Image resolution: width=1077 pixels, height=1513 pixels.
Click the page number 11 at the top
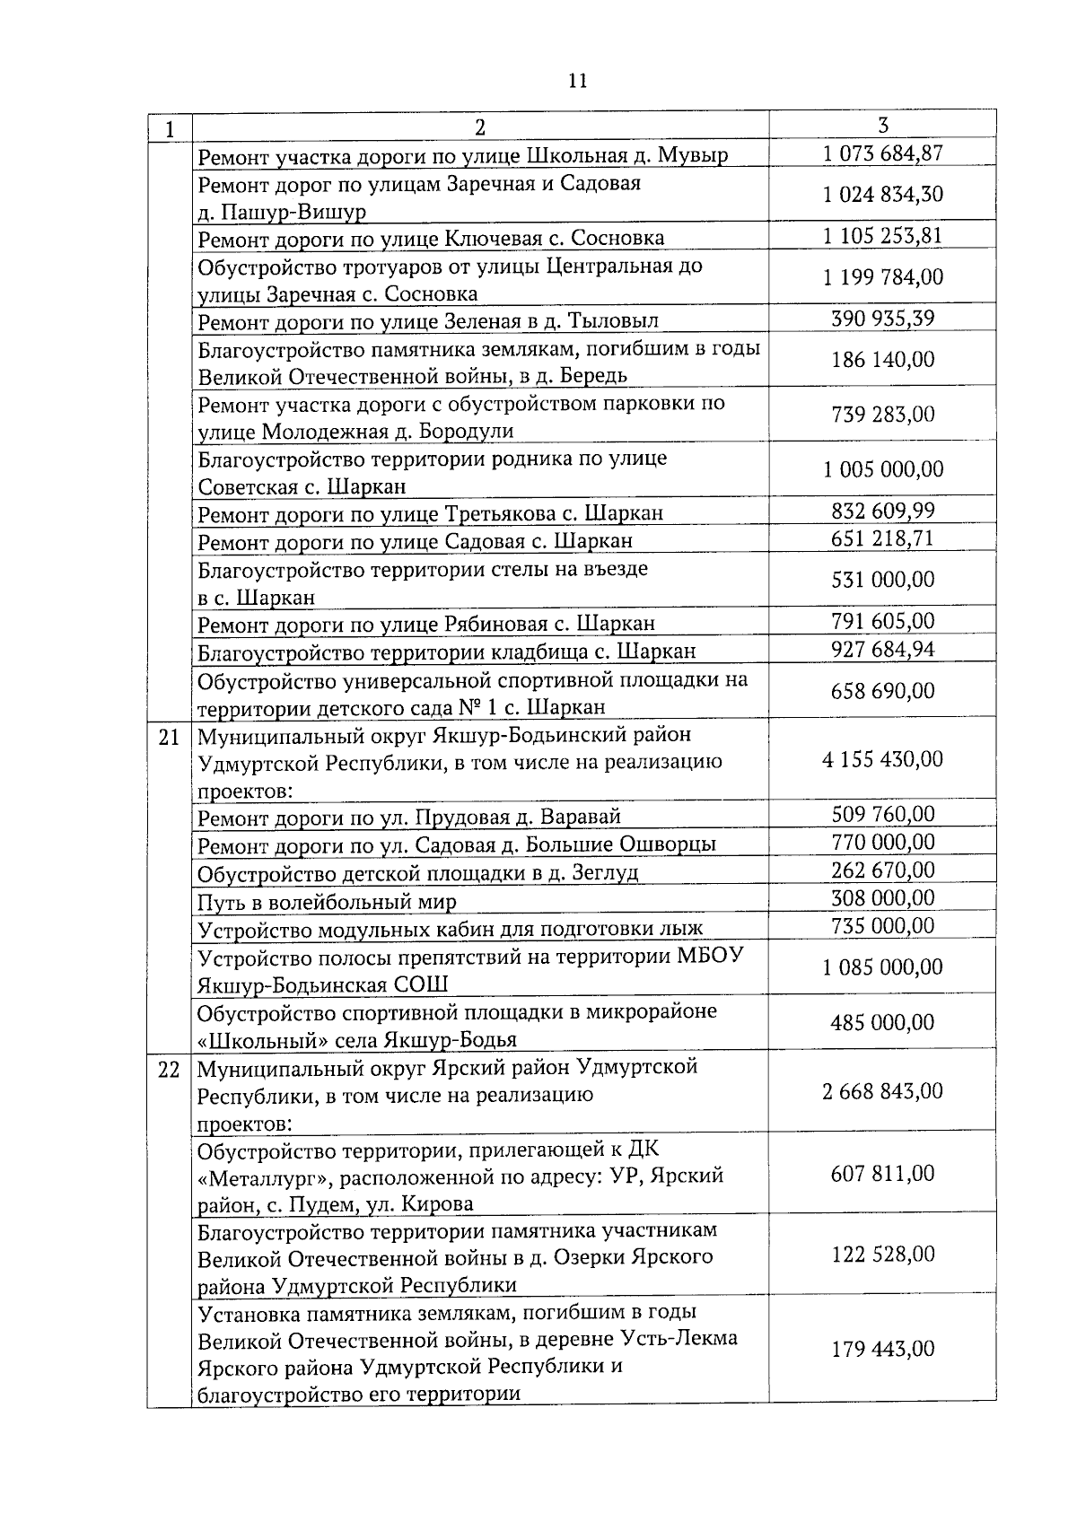(578, 81)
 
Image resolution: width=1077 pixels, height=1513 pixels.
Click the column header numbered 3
(882, 125)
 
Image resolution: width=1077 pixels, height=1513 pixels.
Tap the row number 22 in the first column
(170, 1070)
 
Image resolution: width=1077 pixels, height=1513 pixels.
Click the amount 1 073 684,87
(882, 153)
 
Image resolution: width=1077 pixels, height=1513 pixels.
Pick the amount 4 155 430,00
(882, 759)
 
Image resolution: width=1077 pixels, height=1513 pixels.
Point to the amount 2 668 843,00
(882, 1091)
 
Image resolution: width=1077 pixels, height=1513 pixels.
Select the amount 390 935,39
(882, 319)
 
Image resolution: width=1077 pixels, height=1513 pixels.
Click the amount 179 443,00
(882, 1349)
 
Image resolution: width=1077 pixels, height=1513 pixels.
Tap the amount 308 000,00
(882, 898)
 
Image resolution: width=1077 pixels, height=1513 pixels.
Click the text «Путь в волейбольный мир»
(327, 902)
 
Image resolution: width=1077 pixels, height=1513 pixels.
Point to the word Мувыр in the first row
(694, 155)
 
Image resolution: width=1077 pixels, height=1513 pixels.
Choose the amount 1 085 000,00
(882, 967)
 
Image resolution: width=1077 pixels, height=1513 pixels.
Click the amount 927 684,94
(882, 649)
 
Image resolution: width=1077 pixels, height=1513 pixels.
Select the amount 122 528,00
(882, 1254)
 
